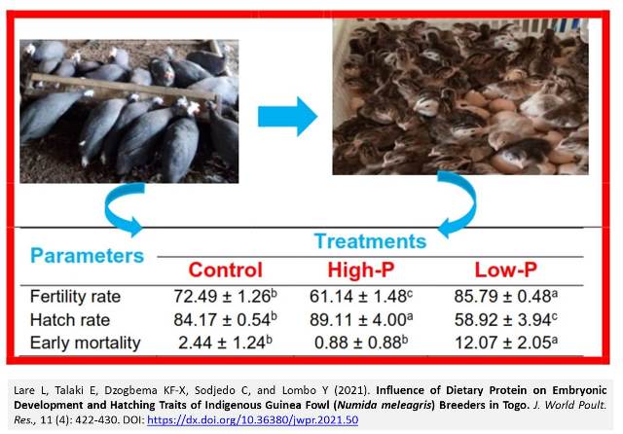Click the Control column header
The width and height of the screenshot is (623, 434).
tap(225, 270)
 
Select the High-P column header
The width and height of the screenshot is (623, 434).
tap(361, 270)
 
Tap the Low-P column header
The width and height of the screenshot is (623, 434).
tap(506, 270)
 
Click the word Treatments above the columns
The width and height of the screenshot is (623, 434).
tap(370, 241)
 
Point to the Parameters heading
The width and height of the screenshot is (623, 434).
tap(87, 255)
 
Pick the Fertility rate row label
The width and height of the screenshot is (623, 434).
tap(75, 297)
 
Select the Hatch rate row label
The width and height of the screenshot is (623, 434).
tap(70, 320)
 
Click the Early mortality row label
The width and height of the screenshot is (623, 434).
tap(86, 344)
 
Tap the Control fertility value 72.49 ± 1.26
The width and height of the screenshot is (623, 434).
tap(225, 296)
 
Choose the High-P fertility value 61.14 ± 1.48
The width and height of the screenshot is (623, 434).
tap(361, 296)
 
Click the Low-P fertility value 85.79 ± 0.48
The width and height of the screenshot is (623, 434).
tap(506, 296)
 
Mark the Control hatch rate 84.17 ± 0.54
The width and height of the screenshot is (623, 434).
tap(225, 319)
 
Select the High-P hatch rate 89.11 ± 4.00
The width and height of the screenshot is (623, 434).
tap(361, 319)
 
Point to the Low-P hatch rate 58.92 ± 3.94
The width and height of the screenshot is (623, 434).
tap(506, 319)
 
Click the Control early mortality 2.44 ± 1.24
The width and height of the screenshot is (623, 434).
tap(225, 343)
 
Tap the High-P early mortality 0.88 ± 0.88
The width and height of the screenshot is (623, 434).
tap(361, 343)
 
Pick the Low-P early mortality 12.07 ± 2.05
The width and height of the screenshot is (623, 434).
tap(506, 343)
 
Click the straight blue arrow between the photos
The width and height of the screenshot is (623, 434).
tap(288, 117)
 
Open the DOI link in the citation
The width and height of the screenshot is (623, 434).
tap(253, 420)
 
